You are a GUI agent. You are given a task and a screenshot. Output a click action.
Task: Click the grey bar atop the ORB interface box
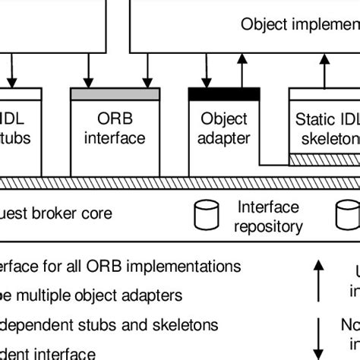(x=115, y=94)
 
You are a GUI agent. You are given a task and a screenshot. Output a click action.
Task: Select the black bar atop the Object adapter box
(x=224, y=94)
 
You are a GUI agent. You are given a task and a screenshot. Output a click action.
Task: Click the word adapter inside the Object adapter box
(x=224, y=138)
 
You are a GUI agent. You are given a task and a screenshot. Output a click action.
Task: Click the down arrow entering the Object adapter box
(x=204, y=74)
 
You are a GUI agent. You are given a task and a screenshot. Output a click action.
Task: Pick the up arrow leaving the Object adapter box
(x=242, y=74)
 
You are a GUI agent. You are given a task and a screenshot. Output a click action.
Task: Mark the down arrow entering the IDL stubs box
(x=11, y=74)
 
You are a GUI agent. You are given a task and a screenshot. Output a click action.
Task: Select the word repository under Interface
(x=268, y=226)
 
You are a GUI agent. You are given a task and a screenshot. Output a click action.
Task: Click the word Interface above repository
(x=268, y=207)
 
